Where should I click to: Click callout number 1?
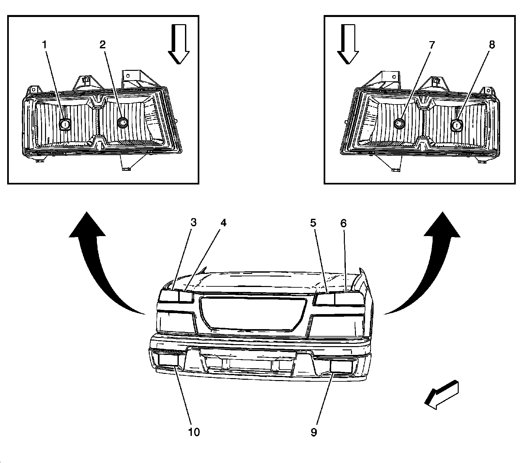click(45, 45)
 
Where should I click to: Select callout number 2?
click(103, 45)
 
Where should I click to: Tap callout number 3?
click(193, 223)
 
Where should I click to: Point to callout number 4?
click(223, 223)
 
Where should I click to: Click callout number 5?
click(313, 223)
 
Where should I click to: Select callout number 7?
click(432, 45)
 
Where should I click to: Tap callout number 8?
click(492, 45)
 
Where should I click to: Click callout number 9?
click(314, 432)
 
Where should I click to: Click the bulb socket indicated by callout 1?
click(65, 124)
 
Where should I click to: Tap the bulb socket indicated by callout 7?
click(399, 123)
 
